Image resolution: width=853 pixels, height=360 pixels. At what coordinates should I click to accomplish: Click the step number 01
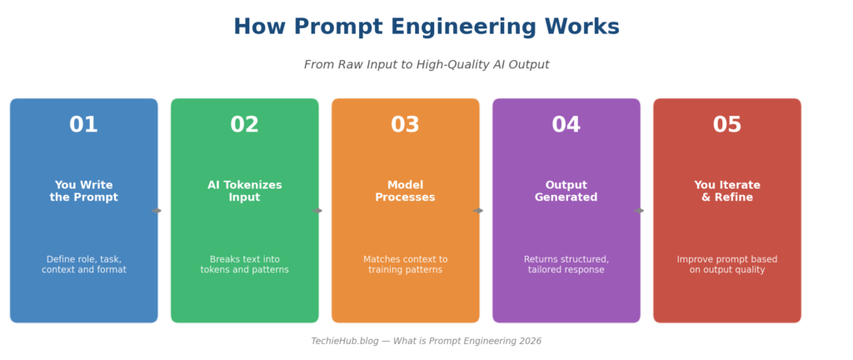pos(83,124)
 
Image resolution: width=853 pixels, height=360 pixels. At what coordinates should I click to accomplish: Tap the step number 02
pos(244,124)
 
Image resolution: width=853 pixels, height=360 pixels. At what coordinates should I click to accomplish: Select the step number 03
pos(406,124)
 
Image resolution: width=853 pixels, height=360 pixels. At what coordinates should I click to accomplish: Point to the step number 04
pos(566,124)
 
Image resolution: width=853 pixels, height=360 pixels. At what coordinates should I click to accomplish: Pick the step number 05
pos(727,124)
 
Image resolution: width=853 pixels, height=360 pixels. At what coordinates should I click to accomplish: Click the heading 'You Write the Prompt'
pos(84,192)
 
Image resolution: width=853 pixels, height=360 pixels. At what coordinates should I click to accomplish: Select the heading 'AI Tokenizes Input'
pos(245,192)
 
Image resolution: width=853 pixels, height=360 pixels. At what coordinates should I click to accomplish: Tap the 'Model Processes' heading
pos(406,192)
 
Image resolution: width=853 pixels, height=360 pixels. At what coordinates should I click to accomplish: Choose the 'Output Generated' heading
pos(566,192)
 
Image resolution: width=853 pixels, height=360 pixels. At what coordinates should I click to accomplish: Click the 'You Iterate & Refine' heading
pos(727,192)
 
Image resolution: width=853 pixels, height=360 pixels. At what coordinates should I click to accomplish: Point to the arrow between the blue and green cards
pos(157,211)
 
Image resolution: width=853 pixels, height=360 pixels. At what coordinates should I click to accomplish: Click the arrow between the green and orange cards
pos(317,211)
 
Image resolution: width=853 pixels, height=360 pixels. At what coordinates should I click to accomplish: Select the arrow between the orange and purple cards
pos(478,211)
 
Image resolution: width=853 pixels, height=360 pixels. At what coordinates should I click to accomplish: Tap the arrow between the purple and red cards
pos(639,211)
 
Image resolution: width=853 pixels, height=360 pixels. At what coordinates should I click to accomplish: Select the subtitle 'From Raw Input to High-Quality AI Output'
pos(426,65)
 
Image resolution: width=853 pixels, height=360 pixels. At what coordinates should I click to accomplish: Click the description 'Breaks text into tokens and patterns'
pos(245,264)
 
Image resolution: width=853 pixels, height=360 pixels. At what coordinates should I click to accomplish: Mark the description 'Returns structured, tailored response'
pos(566,264)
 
